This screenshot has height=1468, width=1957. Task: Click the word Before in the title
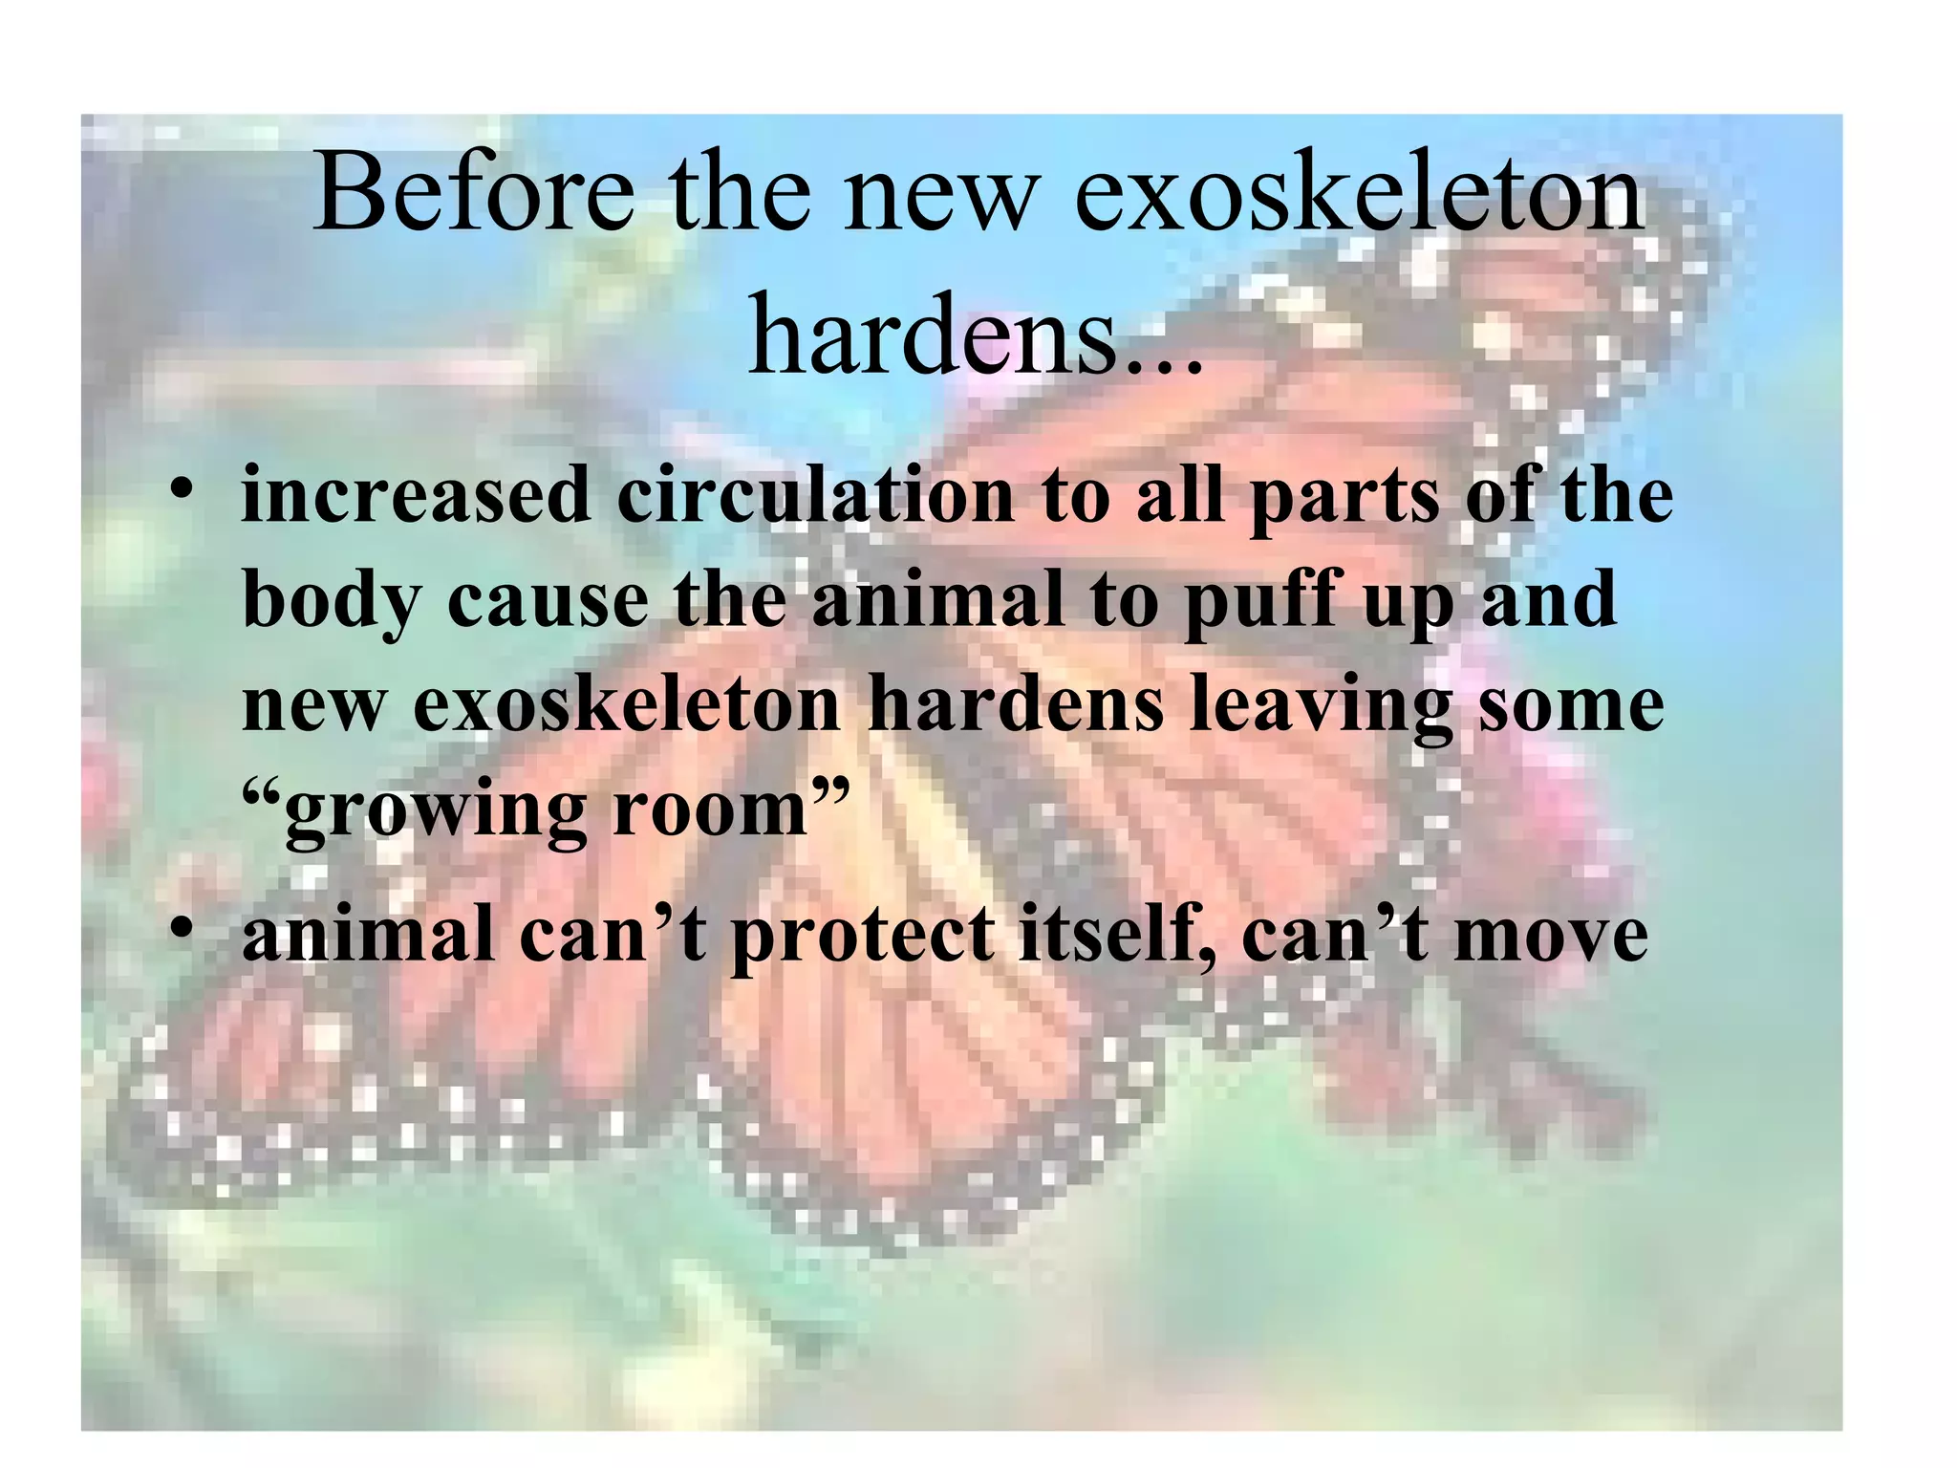click(x=473, y=194)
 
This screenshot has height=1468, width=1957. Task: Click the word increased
click(x=416, y=497)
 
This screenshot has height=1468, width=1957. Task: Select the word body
click(x=331, y=603)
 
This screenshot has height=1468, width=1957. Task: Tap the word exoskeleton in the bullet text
click(x=626, y=706)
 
